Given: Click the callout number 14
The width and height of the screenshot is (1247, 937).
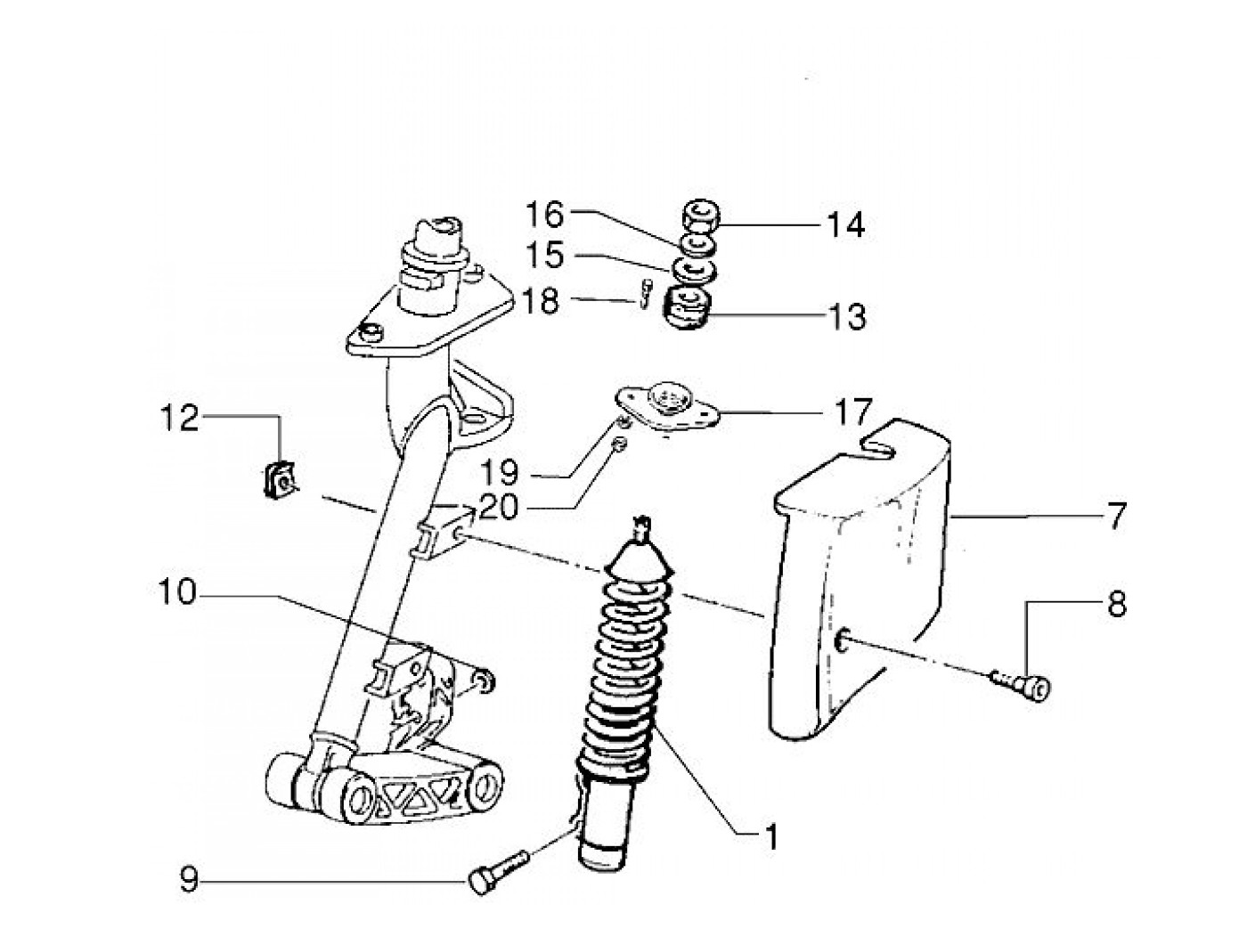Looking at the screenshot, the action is point(844,224).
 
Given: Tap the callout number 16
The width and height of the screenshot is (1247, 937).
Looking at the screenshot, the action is point(544,214).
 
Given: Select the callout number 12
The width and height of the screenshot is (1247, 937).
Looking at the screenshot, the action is point(180,418).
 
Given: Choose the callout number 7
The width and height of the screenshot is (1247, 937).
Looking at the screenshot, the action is point(1116,517).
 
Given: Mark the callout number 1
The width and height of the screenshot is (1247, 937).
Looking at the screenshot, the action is point(771,836).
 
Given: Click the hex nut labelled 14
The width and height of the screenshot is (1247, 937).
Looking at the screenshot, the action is point(700,216).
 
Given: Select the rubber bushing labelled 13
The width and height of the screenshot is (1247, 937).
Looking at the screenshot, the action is point(687,307).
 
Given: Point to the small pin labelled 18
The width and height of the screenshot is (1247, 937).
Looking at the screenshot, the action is point(645,294).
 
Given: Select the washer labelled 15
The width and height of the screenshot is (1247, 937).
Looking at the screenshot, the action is point(692,269).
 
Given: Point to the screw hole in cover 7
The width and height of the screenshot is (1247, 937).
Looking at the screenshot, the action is point(844,639).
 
